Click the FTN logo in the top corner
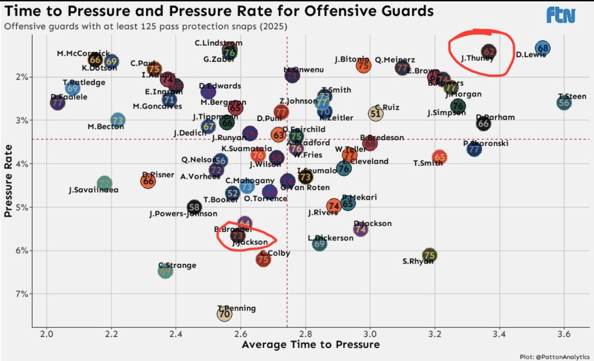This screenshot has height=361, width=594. pyautogui.click(x=561, y=15)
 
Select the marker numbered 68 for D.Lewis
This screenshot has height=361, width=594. pyautogui.click(x=543, y=48)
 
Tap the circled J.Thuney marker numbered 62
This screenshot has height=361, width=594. pyautogui.click(x=489, y=52)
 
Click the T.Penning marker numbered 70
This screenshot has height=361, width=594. pyautogui.click(x=224, y=314)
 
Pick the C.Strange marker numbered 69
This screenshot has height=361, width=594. pyautogui.click(x=165, y=271)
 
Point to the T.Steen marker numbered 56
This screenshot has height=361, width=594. pyautogui.click(x=563, y=103)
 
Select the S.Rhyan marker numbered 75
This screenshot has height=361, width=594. pyautogui.click(x=429, y=255)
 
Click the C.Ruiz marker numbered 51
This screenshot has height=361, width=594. pyautogui.click(x=376, y=114)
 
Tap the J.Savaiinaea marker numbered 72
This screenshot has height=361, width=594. pyautogui.click(x=105, y=184)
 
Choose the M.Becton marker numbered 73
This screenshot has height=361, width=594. pyautogui.click(x=118, y=120)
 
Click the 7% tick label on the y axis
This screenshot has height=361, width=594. pyautogui.click(x=23, y=294)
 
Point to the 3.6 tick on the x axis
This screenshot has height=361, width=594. pyautogui.click(x=563, y=334)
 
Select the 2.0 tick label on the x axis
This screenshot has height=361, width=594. pyautogui.click(x=46, y=334)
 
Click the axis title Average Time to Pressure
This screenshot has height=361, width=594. pyautogui.click(x=310, y=345)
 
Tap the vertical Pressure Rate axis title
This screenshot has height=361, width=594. pyautogui.click(x=8, y=180)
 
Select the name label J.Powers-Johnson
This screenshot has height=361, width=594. pyautogui.click(x=183, y=214)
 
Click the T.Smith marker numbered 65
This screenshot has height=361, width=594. pyautogui.click(x=439, y=158)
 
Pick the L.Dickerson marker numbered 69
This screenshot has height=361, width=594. pyautogui.click(x=319, y=243)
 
